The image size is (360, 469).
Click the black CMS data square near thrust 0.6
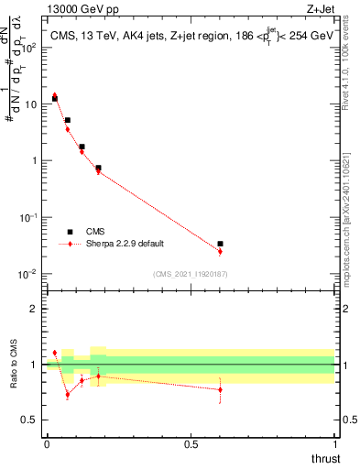[220, 244]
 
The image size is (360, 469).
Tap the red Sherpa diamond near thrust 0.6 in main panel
[220, 251]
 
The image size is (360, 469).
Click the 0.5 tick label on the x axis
[191, 443]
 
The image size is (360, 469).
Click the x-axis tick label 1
[335, 443]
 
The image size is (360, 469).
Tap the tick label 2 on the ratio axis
[33, 309]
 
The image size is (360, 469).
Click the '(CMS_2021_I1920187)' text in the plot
[190, 273]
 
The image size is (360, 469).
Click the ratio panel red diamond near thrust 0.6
[220, 389]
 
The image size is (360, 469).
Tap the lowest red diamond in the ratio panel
[67, 395]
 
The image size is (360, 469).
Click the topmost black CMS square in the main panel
[55, 98]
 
